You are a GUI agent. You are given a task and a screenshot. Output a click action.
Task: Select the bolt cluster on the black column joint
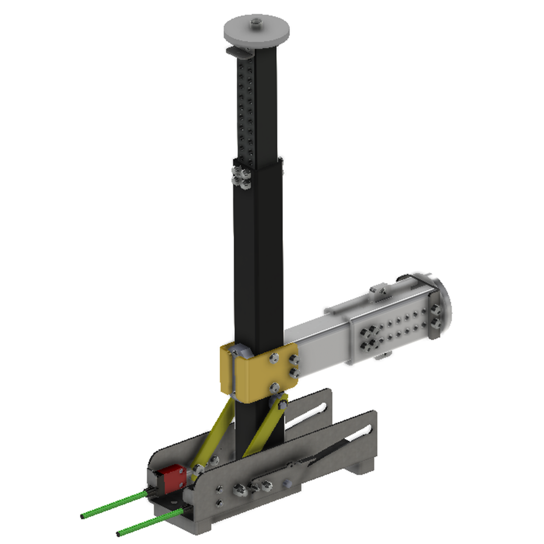pyautogui.click(x=241, y=177)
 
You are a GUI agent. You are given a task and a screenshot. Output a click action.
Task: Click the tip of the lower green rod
pyautogui.click(x=119, y=534)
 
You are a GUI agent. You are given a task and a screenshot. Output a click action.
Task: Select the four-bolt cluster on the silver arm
pyautogui.click(x=370, y=339)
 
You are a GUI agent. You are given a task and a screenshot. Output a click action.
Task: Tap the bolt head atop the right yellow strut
pyautogui.click(x=281, y=404)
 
